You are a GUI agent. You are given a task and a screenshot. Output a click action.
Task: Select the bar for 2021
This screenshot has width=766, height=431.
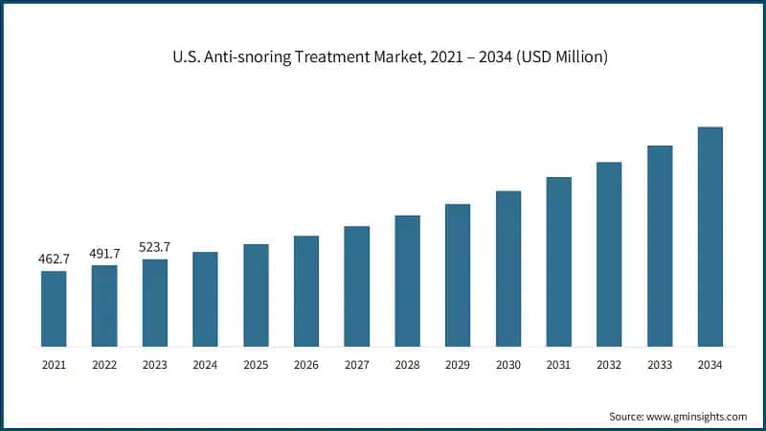pos(54,308)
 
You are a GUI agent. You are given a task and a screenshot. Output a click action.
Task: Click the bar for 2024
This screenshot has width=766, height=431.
pos(205,299)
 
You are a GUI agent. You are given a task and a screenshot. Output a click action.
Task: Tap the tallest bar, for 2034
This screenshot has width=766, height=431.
pos(710,237)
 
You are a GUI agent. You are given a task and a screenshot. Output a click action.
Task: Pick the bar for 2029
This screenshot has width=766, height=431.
pos(458,275)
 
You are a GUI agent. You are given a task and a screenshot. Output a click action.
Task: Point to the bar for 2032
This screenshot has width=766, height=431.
pos(609,254)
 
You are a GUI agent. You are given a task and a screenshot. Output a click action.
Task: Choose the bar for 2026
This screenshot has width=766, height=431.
pos(306,291)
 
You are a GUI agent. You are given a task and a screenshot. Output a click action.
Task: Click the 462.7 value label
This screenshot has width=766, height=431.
pos(54,259)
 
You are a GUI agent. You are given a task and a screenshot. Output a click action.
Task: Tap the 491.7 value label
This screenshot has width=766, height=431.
pos(104,253)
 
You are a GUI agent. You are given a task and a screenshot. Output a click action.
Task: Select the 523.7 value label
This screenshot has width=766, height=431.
pos(155,247)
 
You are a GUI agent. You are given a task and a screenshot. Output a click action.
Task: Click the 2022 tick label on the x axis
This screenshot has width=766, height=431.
pos(104,365)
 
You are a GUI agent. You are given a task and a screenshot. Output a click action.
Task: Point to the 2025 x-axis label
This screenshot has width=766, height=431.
pos(256,365)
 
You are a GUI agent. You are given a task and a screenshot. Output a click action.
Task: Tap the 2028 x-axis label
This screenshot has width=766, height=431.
pos(407,365)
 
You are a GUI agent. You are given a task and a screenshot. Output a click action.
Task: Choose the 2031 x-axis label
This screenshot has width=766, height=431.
pos(558,365)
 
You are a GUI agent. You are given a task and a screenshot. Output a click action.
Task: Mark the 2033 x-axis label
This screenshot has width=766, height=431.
pos(660,365)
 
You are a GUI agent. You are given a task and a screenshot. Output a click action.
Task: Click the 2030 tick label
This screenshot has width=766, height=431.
pos(507,365)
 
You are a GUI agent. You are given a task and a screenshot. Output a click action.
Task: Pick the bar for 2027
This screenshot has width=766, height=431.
pos(356,286)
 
